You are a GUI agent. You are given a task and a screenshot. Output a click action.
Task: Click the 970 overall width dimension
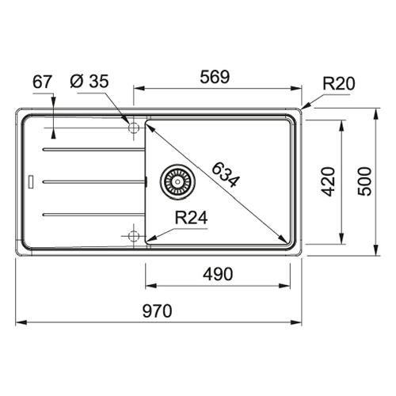pyautogui.click(x=158, y=310)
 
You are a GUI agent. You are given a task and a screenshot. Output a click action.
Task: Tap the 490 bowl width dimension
pyautogui.click(x=218, y=274)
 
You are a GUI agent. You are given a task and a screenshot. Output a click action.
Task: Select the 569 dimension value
pyautogui.click(x=215, y=77)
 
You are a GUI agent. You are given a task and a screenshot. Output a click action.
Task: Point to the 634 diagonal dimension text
pyautogui.click(x=226, y=174)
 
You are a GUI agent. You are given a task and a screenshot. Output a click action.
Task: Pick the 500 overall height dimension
pyautogui.click(x=364, y=181)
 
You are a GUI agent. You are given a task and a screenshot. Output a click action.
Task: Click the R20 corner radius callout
pyautogui.click(x=339, y=84)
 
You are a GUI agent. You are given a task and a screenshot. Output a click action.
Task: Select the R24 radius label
pyautogui.click(x=192, y=218)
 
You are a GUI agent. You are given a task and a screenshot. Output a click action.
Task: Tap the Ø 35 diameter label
pyautogui.click(x=89, y=81)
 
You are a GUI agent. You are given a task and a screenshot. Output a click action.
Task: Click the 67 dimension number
pyautogui.click(x=42, y=82)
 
